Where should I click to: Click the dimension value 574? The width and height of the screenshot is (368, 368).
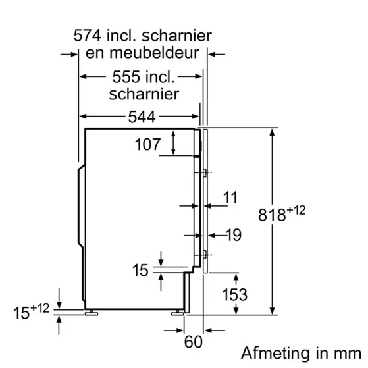(90, 34)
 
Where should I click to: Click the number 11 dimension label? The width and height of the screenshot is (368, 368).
(229, 196)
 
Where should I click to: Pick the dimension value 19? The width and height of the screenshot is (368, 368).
(233, 235)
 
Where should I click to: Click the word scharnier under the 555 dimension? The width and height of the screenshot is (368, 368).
(144, 94)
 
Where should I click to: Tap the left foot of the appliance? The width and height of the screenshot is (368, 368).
(95, 310)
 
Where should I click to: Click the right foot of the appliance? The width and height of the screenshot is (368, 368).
(178, 310)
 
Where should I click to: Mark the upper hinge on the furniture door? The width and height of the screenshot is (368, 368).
(207, 172)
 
